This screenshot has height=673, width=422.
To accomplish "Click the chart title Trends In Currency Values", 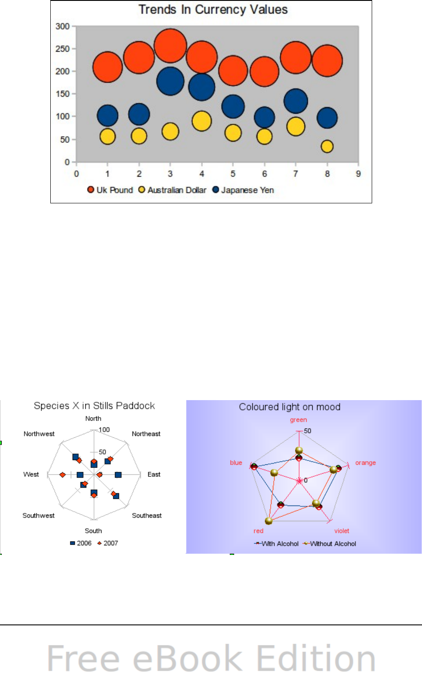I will click(x=213, y=10).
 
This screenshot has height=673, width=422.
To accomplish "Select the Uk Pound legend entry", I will click(x=110, y=190).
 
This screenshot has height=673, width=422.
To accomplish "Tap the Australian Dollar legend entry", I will click(x=172, y=190).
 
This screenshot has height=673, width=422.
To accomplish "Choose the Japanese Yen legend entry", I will click(x=243, y=190).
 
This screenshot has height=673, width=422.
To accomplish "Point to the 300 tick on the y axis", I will click(x=63, y=26).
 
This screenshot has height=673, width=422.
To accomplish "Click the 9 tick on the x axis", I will click(x=358, y=174).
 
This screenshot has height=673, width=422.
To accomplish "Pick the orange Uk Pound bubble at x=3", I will click(x=170, y=46).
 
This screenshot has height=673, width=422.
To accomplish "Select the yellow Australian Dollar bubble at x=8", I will click(x=327, y=146).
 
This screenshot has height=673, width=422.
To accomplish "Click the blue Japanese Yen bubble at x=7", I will click(x=296, y=101).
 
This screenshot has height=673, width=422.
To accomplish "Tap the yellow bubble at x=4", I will click(x=202, y=121).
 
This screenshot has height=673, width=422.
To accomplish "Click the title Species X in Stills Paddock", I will click(x=94, y=406).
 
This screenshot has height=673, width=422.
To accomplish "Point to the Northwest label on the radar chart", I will click(x=39, y=434).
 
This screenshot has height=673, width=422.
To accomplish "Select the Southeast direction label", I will click(x=146, y=516).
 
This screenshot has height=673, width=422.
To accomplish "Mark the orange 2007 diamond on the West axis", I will click(x=63, y=474).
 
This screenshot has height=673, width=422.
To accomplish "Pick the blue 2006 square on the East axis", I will click(x=118, y=474).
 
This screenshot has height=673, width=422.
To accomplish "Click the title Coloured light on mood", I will click(x=289, y=407).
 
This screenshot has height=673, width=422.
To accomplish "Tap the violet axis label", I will click(x=342, y=531).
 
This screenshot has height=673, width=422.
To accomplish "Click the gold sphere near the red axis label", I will click(x=269, y=520).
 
